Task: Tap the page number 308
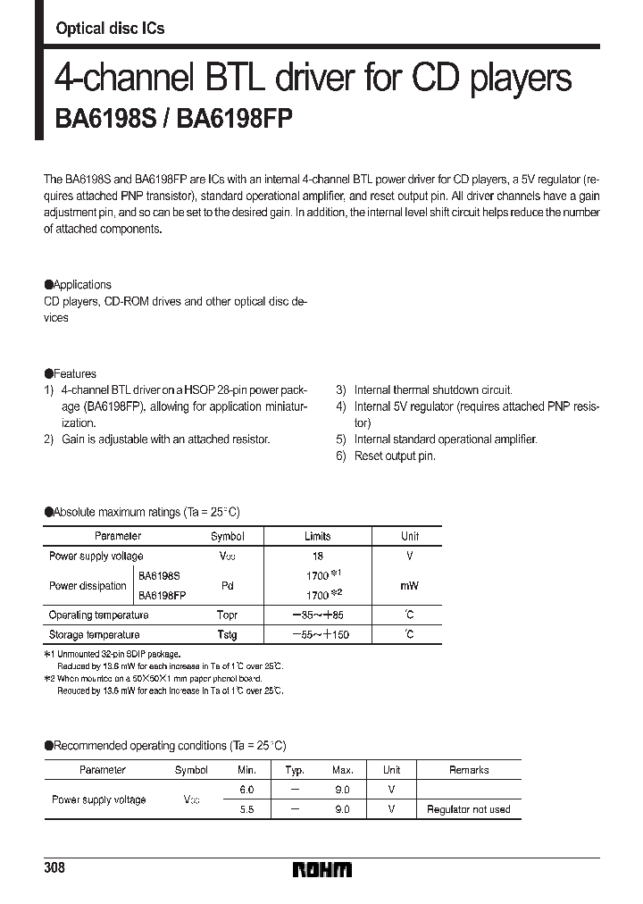click(x=55, y=868)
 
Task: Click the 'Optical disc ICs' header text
click(x=110, y=29)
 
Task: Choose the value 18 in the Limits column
click(x=317, y=556)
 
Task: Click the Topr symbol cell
click(x=227, y=615)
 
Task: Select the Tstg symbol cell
click(x=227, y=634)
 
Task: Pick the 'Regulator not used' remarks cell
click(x=468, y=809)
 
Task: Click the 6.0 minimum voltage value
click(x=246, y=790)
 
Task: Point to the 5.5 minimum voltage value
click(x=246, y=809)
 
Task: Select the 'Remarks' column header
click(x=468, y=769)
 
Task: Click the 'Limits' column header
click(x=317, y=536)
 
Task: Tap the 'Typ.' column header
click(x=295, y=769)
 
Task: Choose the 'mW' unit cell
click(x=409, y=586)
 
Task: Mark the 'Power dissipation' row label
click(x=88, y=586)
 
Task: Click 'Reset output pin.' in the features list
click(x=395, y=456)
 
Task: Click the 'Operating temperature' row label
click(x=98, y=615)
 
